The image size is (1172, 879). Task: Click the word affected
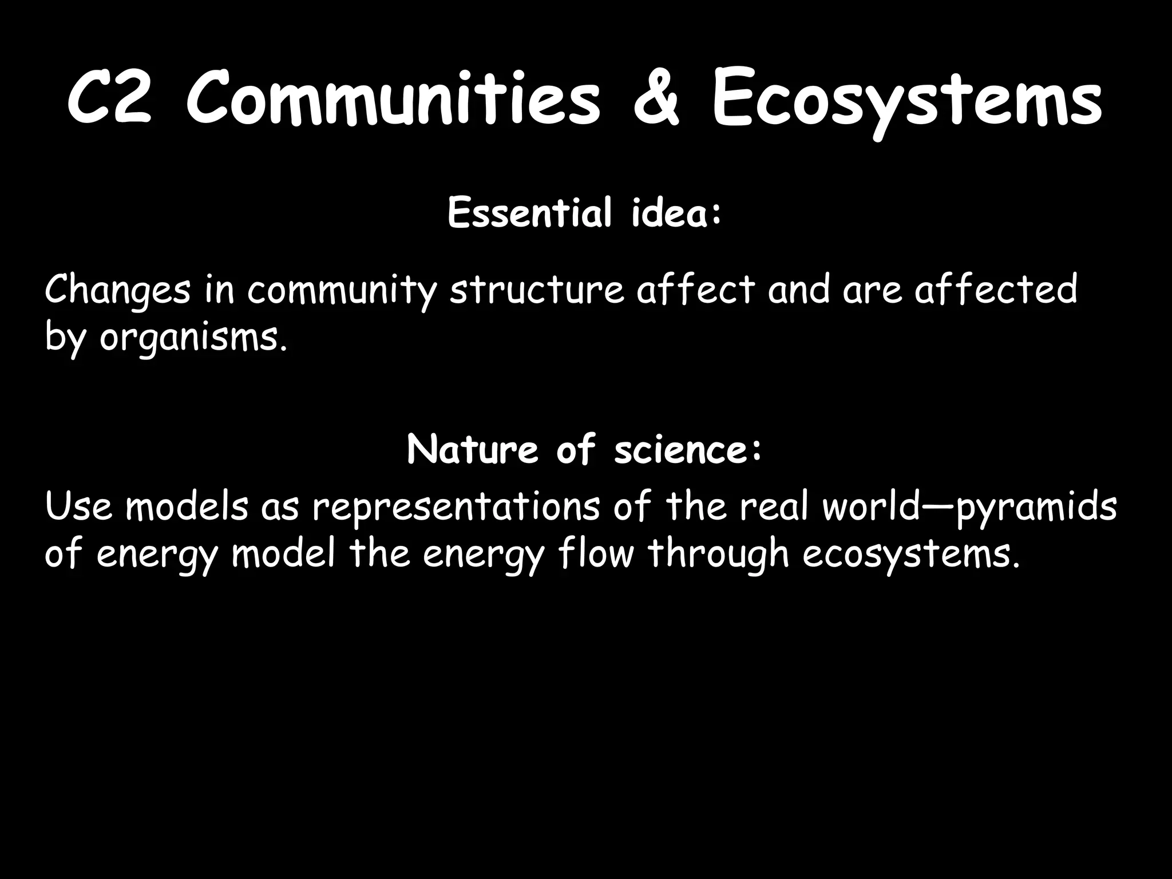click(996, 290)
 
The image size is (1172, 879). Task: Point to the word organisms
click(192, 339)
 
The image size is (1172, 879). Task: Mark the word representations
click(456, 508)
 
